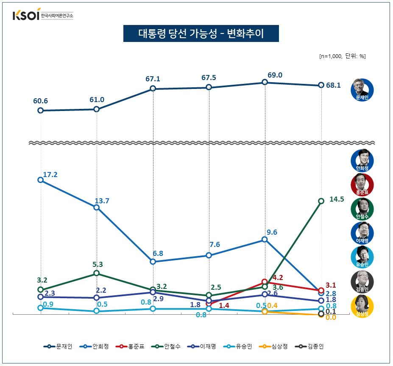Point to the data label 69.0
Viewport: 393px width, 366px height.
[275, 75]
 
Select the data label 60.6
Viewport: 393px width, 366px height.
[40, 101]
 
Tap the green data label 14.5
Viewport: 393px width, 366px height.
[337, 199]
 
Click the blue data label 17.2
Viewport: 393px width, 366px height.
[50, 174]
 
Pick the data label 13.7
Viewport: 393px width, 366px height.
[102, 201]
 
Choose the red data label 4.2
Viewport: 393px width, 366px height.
[278, 277]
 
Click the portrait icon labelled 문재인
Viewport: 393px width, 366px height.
[362, 89]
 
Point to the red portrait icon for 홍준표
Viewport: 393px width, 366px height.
[362, 184]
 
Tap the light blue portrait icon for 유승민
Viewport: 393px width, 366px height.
[362, 257]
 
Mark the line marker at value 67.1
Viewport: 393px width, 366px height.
[153, 89]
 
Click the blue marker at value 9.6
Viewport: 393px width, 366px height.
[265, 239]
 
